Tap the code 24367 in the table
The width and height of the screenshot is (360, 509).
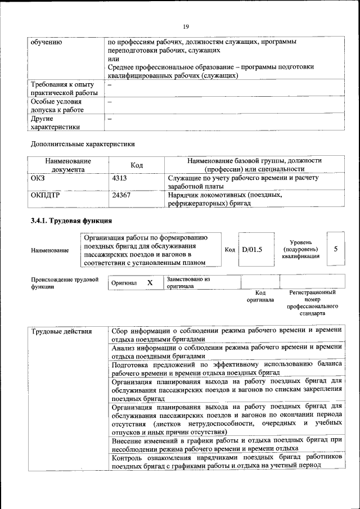pyautogui.click(x=123, y=196)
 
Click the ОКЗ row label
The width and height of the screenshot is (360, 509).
pyautogui.click(x=39, y=178)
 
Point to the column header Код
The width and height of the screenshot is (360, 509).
pyautogui.click(x=137, y=165)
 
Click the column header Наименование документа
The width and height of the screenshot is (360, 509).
pyautogui.click(x=68, y=165)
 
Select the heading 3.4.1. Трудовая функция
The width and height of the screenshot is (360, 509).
pyautogui.click(x=71, y=220)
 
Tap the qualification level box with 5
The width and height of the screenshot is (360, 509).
pyautogui.click(x=336, y=249)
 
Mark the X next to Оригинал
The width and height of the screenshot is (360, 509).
pyautogui.click(x=150, y=283)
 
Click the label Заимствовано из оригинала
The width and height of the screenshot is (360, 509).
pyautogui.click(x=188, y=282)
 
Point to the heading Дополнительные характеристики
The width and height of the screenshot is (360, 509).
pyautogui.click(x=83, y=143)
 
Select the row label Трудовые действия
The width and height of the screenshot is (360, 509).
pyautogui.click(x=61, y=331)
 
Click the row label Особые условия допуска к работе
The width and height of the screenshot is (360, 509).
pyautogui.click(x=56, y=106)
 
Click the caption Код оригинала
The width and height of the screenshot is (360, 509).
pyautogui.click(x=260, y=296)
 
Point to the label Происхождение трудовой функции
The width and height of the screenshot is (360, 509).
pyautogui.click(x=65, y=283)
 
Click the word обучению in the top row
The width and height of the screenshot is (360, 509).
pyautogui.click(x=47, y=42)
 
